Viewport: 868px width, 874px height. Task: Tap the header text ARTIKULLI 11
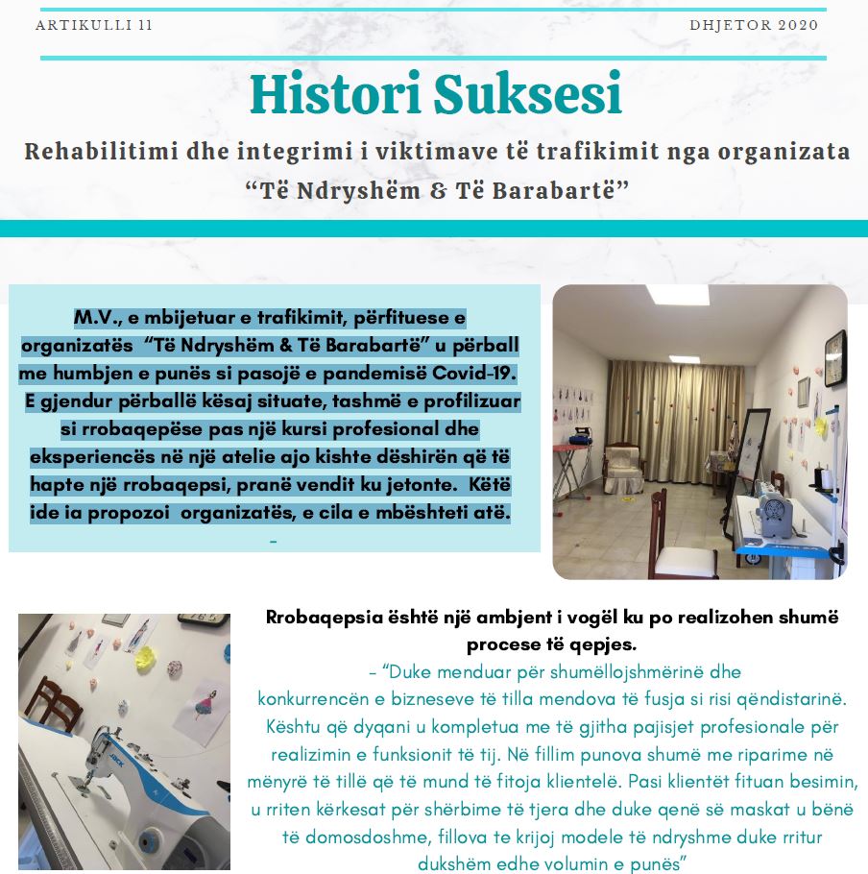(x=93, y=25)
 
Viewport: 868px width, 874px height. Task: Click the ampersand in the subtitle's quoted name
(x=438, y=190)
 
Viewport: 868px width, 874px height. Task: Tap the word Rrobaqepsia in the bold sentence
(x=321, y=618)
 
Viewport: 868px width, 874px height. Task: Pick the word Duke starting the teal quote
(x=409, y=671)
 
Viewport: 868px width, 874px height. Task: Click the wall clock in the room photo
(x=834, y=356)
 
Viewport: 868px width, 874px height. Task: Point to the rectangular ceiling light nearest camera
(x=676, y=295)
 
